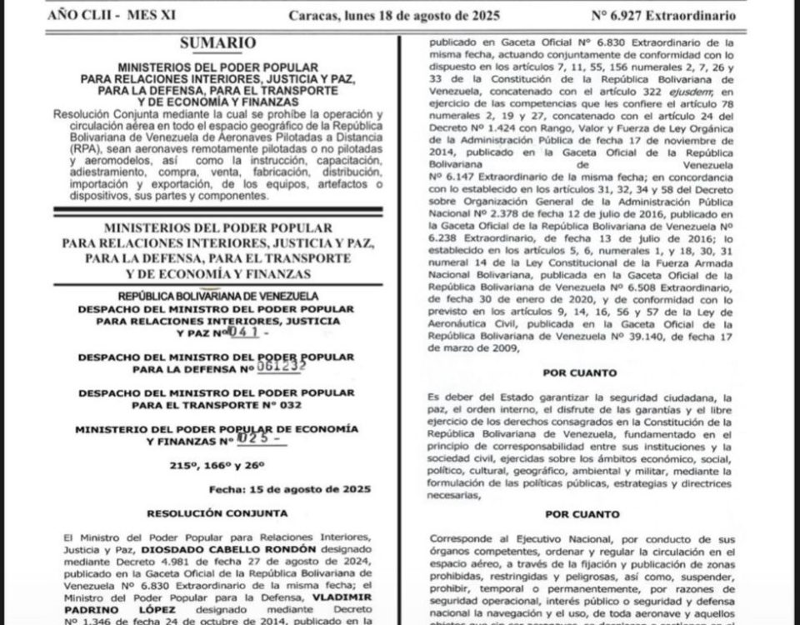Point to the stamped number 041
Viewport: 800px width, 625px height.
[x=248, y=332]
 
